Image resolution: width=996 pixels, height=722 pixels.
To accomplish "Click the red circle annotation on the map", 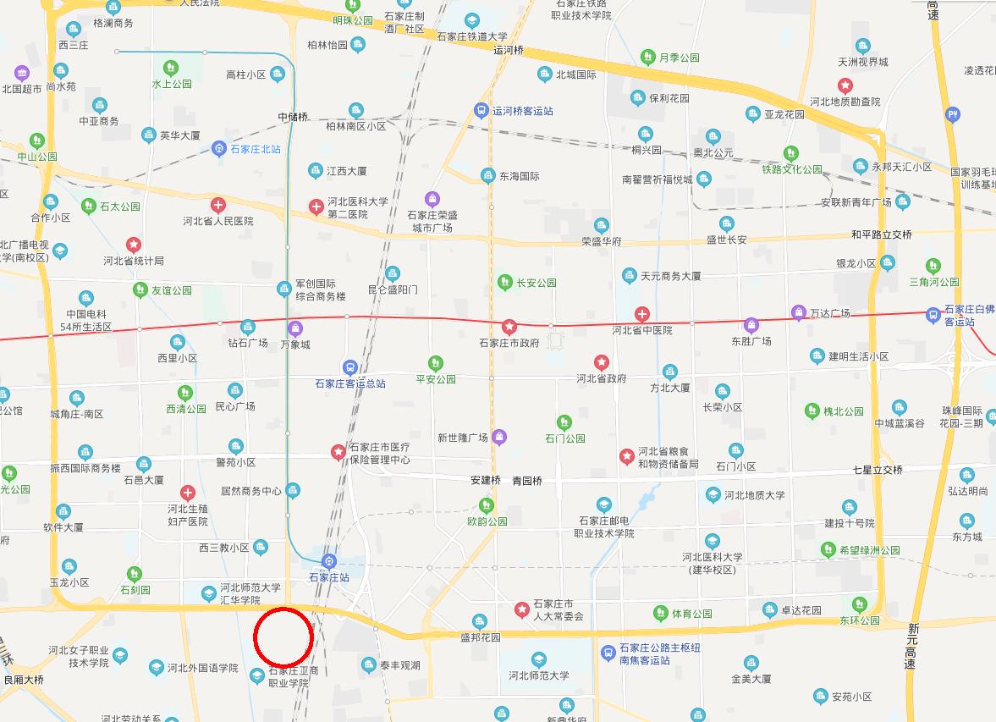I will [283, 637].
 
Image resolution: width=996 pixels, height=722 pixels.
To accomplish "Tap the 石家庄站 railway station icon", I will [330, 562].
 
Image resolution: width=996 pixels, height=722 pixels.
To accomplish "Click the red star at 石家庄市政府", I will [509, 326].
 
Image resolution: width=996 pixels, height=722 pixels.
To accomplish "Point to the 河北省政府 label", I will [602, 378].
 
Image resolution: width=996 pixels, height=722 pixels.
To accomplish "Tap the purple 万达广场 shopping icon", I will [798, 313].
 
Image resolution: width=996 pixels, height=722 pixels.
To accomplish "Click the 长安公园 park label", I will [537, 283].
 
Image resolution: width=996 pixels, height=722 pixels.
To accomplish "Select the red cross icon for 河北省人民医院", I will [218, 205].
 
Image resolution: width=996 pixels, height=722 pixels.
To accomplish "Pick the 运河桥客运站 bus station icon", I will [481, 111].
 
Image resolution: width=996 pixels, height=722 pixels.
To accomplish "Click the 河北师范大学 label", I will [539, 675].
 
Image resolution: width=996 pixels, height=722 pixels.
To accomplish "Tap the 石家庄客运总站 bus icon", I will [349, 367].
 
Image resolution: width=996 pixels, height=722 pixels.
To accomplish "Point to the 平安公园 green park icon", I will [435, 363].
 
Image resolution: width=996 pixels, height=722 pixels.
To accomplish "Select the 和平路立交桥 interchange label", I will [882, 234].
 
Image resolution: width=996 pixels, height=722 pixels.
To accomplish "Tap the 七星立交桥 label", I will [878, 470].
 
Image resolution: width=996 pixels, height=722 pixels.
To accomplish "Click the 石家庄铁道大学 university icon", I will [471, 20].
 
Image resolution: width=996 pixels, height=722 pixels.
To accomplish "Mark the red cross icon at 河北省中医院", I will [642, 315].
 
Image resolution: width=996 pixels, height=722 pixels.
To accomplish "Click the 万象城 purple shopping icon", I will [294, 328].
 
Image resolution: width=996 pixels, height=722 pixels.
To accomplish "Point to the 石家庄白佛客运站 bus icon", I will [933, 315].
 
